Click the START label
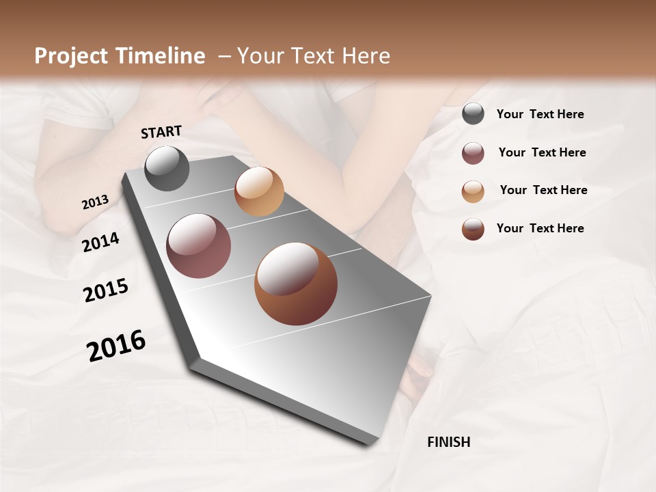coord(161,132)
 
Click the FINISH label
coord(448,442)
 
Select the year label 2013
coord(95,202)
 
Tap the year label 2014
coord(100,242)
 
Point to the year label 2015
coord(106,290)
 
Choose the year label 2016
coord(116,346)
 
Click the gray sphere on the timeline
coord(167,168)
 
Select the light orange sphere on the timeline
coord(259,191)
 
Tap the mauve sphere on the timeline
coord(198,246)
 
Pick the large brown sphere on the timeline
coord(296,284)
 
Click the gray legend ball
coord(473,114)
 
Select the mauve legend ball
coord(473,153)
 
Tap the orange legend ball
coord(473,191)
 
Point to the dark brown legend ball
coord(473,229)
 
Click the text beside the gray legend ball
coord(540,115)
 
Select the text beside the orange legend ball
coord(543,190)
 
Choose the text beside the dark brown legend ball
coord(540,228)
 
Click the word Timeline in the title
coord(159,56)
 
